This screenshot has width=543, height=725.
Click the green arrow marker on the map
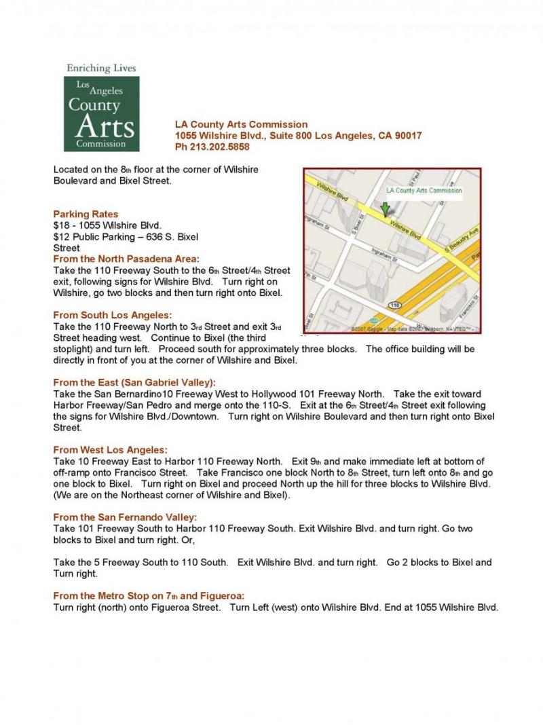(386, 208)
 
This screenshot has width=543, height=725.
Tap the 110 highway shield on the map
(394, 306)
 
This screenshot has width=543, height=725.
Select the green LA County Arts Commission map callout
(424, 191)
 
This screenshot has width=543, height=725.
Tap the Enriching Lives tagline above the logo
(101, 68)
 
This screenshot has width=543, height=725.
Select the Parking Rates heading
(86, 214)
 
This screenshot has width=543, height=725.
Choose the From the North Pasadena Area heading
(126, 259)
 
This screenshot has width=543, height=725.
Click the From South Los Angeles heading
(112, 315)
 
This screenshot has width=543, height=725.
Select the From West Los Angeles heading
(110, 449)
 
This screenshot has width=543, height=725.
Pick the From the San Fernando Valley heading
(125, 517)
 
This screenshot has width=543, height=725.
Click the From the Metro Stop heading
(149, 595)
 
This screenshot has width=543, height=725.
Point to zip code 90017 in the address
(406, 136)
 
